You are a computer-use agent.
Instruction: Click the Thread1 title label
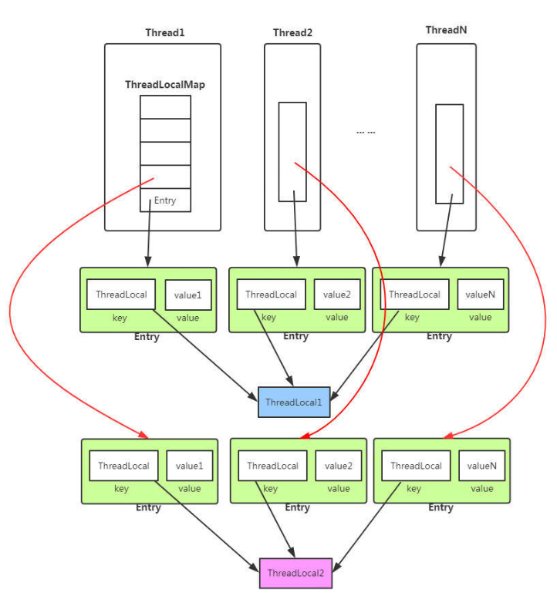[x=165, y=33]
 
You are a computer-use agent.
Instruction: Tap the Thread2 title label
[x=292, y=33]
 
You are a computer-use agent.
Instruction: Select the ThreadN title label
[x=446, y=30]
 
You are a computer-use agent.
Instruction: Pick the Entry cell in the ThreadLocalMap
[x=165, y=200]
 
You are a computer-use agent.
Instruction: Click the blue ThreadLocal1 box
[x=294, y=402]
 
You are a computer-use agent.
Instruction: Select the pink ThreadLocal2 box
[x=295, y=573]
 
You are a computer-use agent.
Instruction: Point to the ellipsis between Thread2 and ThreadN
[x=366, y=133]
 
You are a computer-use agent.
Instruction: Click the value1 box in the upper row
[x=188, y=295]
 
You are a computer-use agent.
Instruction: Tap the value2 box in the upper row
[x=337, y=295]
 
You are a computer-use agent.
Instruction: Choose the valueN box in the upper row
[x=481, y=295]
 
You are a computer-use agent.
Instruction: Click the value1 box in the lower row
[x=190, y=466]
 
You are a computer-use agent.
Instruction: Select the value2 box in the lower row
[x=339, y=466]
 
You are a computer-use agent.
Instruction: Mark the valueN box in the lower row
[x=482, y=466]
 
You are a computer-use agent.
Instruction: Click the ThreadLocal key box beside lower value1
[x=123, y=466]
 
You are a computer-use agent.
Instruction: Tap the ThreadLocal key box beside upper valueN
[x=415, y=295]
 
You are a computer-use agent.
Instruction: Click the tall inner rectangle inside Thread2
[x=292, y=151]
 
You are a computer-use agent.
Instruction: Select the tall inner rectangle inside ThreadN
[x=449, y=153]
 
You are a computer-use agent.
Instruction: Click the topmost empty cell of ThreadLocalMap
[x=165, y=107]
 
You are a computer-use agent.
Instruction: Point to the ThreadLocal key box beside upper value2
[x=272, y=295]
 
